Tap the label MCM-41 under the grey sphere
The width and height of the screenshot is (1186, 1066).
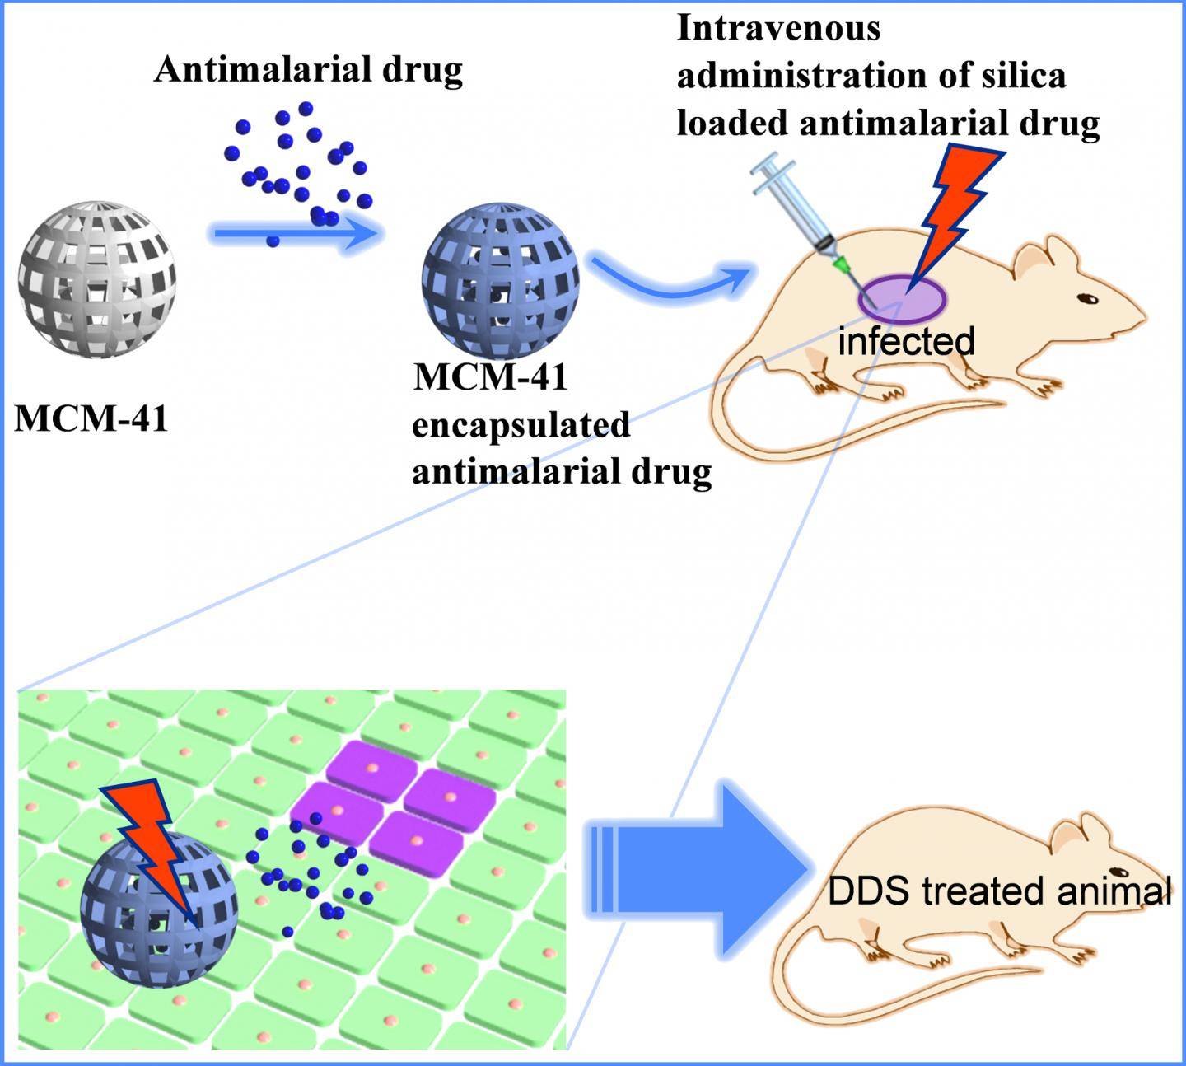pyautogui.click(x=91, y=418)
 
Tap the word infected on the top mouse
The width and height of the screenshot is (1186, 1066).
pyautogui.click(x=906, y=341)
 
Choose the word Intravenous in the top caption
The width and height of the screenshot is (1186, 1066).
pyautogui.click(x=778, y=29)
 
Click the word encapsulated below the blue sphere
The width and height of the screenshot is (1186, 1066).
pyautogui.click(x=521, y=426)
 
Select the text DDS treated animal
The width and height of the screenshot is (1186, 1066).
pyautogui.click(x=998, y=891)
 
